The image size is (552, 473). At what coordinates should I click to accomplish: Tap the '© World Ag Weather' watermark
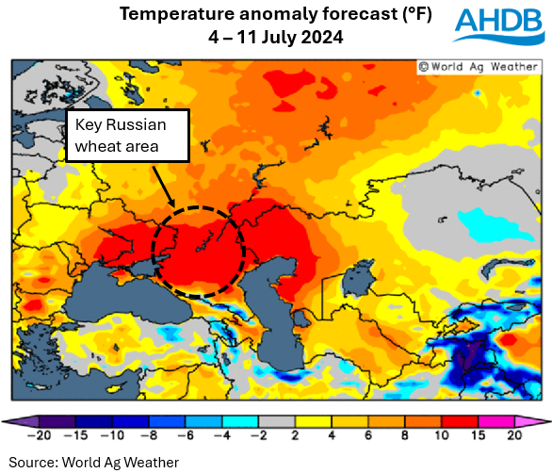point(479,67)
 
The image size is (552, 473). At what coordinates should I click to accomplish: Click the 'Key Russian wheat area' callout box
point(127,137)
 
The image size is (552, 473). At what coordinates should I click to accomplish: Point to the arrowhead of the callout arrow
point(173,205)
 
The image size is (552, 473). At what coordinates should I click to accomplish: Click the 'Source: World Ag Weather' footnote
point(93,462)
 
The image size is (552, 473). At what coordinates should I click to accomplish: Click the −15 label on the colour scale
point(74,437)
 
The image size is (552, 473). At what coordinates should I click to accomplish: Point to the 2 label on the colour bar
point(297,437)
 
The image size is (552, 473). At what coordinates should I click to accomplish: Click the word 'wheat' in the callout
point(101,147)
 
